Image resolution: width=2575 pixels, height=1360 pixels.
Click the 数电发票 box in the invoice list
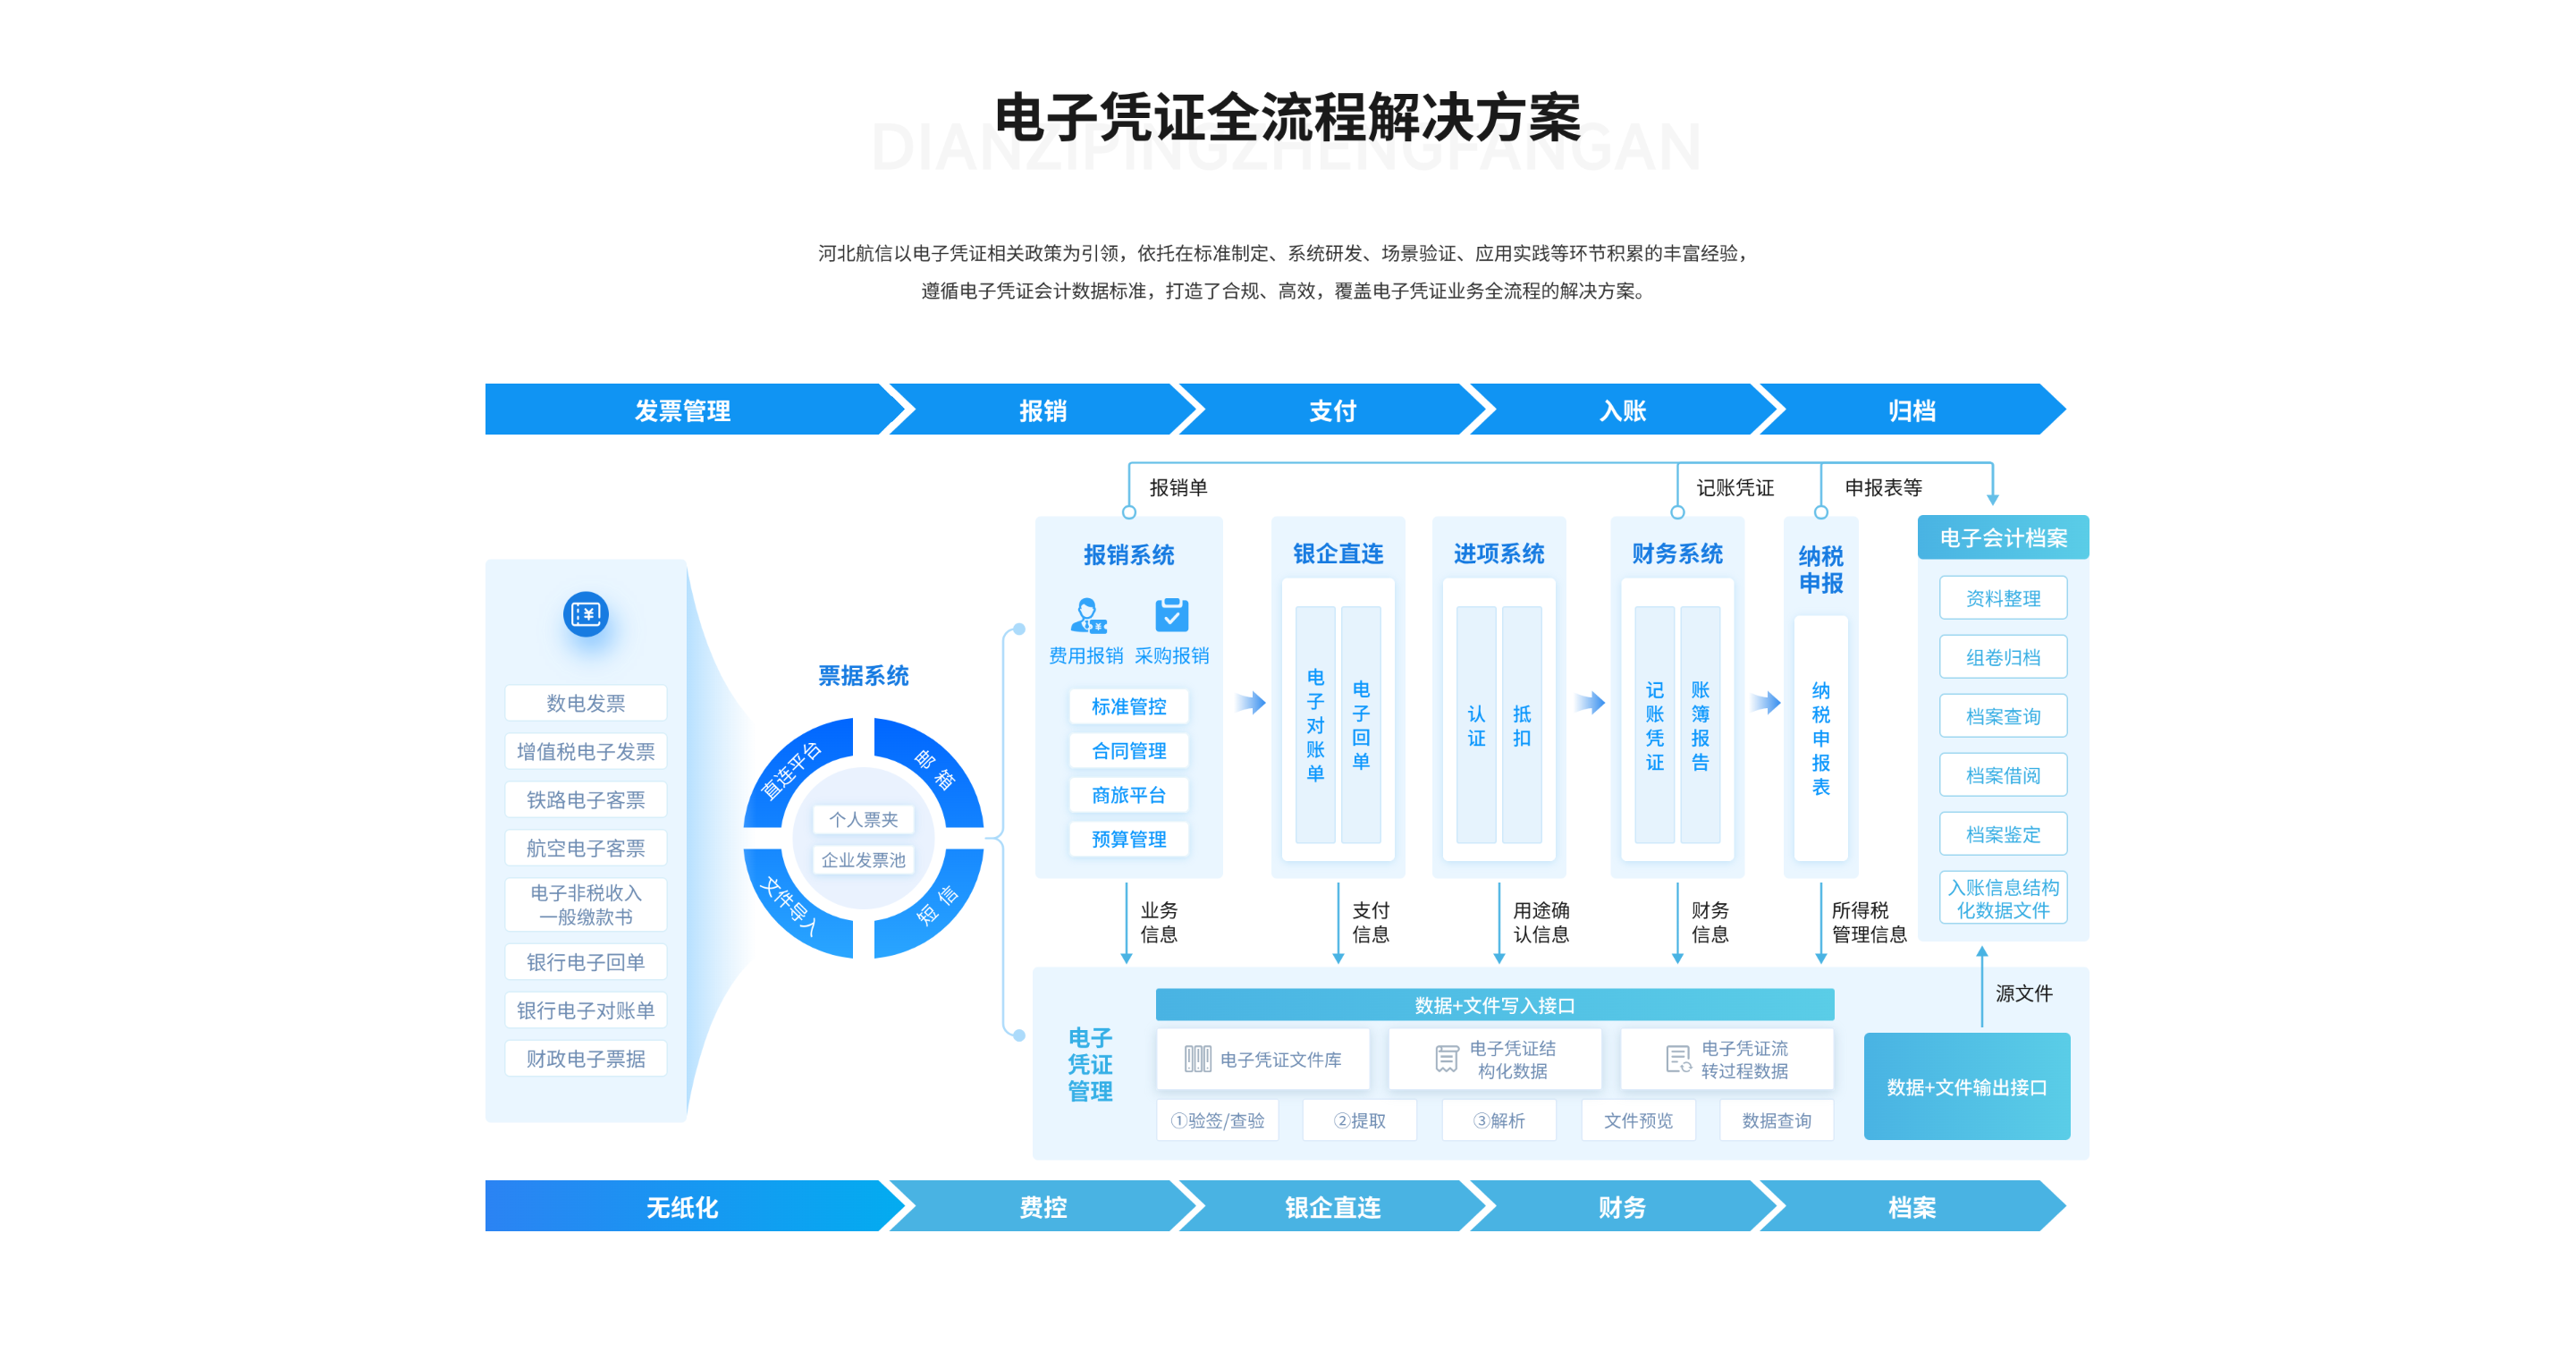click(585, 703)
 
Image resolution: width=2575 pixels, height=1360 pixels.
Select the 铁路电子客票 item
click(585, 800)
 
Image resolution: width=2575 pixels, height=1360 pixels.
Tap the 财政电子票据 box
click(585, 1058)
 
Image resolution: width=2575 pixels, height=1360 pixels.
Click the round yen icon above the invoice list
click(586, 614)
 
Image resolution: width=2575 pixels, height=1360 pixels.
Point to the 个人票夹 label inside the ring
click(863, 819)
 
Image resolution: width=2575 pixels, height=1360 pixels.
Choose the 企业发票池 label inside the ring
click(863, 860)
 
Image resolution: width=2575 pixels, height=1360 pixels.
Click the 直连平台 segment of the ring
click(795, 770)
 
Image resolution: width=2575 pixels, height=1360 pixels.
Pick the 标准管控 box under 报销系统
click(1128, 706)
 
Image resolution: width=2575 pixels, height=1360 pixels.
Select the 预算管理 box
click(1128, 839)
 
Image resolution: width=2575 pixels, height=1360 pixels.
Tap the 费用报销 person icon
click(1087, 615)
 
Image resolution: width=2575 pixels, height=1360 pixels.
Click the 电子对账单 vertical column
click(1315, 724)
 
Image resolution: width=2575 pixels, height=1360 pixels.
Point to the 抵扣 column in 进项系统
click(1522, 724)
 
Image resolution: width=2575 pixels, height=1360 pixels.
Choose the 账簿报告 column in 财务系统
click(1701, 724)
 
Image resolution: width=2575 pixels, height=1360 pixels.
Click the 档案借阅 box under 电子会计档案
click(2003, 775)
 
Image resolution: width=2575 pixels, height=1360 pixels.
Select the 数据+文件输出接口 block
click(1966, 1086)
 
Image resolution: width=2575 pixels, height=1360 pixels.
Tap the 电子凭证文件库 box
click(1262, 1059)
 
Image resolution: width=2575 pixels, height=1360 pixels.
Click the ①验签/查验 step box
click(1218, 1120)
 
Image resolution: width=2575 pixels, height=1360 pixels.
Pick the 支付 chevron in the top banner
click(1331, 410)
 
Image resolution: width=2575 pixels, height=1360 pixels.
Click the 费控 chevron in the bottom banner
click(1043, 1207)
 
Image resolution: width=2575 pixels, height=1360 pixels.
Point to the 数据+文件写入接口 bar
click(1494, 1005)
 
